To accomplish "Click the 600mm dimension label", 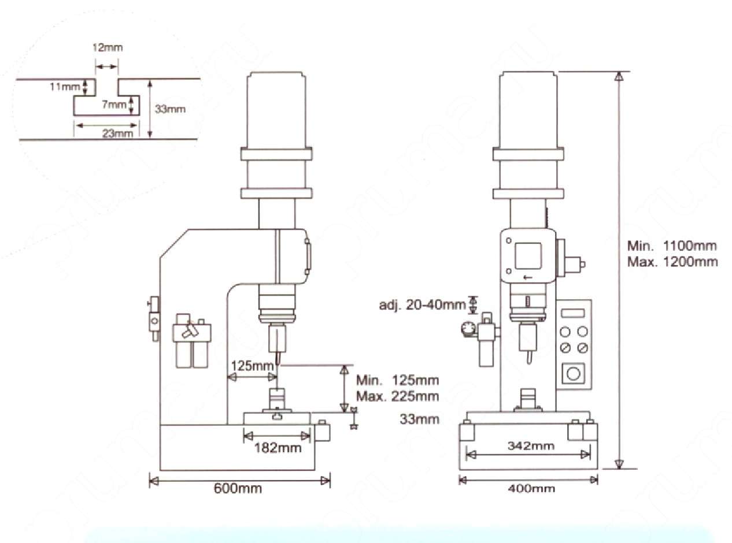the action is click(238, 488).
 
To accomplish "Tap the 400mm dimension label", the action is click(531, 488).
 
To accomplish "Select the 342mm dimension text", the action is click(531, 446).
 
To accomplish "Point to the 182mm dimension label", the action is click(278, 448).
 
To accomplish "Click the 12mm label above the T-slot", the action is click(108, 47).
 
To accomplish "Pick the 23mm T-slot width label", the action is click(117, 133).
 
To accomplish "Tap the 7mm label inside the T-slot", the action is click(114, 105).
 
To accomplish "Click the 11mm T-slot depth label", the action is click(65, 87).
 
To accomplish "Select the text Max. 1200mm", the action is click(672, 262).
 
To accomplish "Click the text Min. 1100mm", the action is click(672, 246).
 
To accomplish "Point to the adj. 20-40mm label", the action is click(422, 304).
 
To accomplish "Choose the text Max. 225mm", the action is click(398, 396).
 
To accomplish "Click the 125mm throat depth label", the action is click(253, 366).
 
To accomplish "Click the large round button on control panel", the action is click(573, 374).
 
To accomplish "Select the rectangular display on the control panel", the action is click(573, 313).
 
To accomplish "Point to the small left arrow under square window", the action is click(528, 277).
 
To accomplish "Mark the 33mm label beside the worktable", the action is click(419, 419).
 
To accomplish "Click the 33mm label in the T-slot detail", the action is click(170, 109).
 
